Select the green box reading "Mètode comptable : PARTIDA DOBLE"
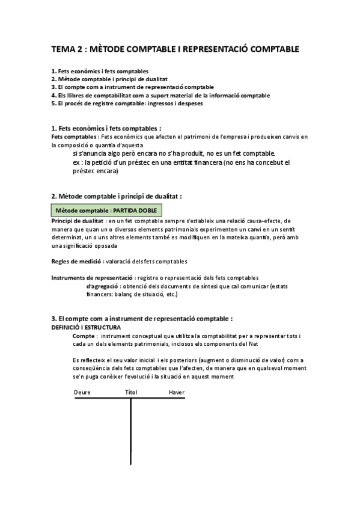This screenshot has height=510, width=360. coord(106,210)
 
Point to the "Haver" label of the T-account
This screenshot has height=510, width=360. coord(176,392)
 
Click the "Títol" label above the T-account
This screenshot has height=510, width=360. coord(131,392)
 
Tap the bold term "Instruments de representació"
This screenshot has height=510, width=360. coord(91,278)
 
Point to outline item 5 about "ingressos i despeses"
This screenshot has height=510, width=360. coord(127,103)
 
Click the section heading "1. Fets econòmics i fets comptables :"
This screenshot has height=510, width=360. coord(106,128)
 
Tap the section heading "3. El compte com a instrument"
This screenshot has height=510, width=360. coord(142,318)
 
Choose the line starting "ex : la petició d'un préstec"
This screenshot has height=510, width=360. coord(180,162)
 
